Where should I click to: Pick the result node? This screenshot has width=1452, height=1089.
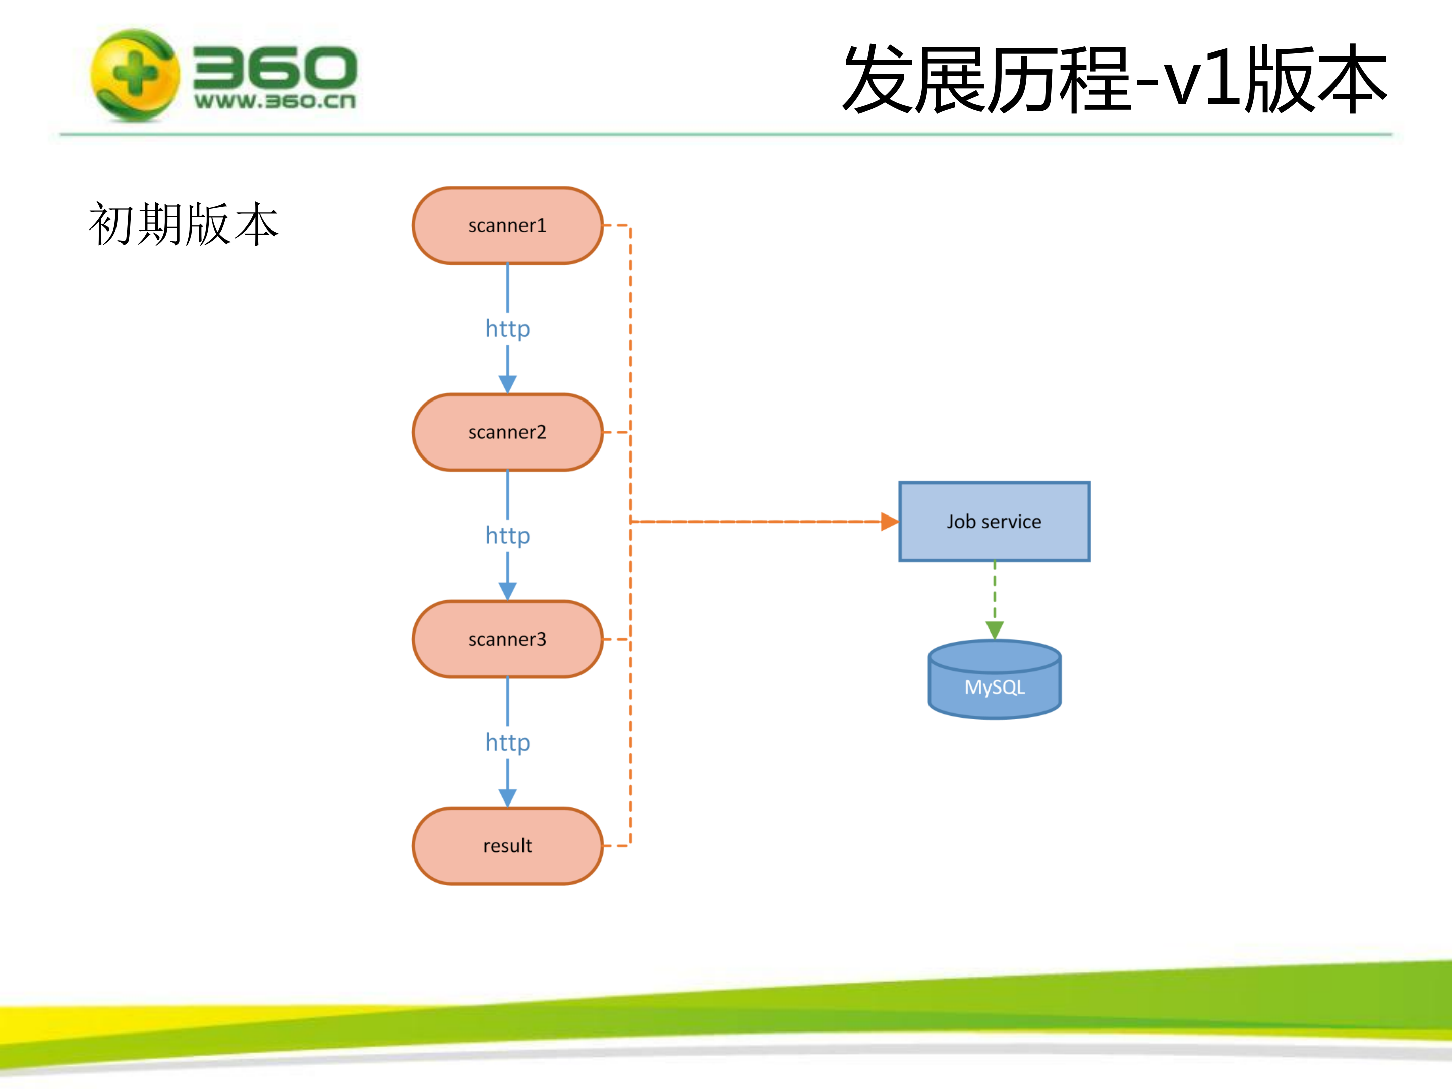(x=507, y=846)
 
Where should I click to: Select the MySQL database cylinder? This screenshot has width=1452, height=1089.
(x=994, y=682)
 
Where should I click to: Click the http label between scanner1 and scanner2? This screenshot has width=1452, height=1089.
(x=507, y=329)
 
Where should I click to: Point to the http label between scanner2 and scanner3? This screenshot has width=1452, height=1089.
(x=507, y=536)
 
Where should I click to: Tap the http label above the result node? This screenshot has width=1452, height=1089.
(x=507, y=743)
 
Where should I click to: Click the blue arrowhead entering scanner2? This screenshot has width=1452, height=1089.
(x=507, y=384)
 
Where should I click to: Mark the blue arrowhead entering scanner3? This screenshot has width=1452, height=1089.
(x=507, y=591)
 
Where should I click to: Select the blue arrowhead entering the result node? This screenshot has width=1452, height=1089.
(x=507, y=797)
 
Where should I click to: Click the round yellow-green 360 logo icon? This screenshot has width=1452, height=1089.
(x=135, y=75)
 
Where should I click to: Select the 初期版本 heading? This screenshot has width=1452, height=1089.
(x=184, y=224)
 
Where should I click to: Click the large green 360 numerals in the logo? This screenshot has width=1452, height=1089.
(x=274, y=67)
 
